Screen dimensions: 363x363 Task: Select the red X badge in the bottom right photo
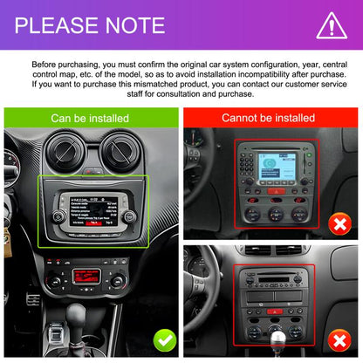[339, 338]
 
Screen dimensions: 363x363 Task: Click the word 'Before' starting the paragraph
[47, 65]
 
